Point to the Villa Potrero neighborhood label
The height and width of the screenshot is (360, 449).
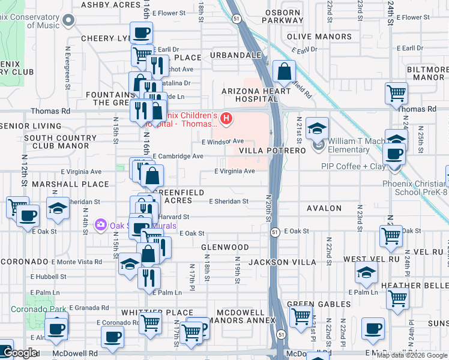[273, 150]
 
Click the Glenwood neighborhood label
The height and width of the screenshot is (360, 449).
[225, 247]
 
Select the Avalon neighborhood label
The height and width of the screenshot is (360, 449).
[324, 208]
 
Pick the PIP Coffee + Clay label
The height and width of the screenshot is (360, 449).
[353, 166]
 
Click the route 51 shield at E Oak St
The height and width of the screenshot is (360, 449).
[274, 232]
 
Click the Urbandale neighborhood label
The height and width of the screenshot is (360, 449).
[236, 55]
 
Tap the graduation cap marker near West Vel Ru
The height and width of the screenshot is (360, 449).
[367, 273]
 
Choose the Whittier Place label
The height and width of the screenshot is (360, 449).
[157, 313]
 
